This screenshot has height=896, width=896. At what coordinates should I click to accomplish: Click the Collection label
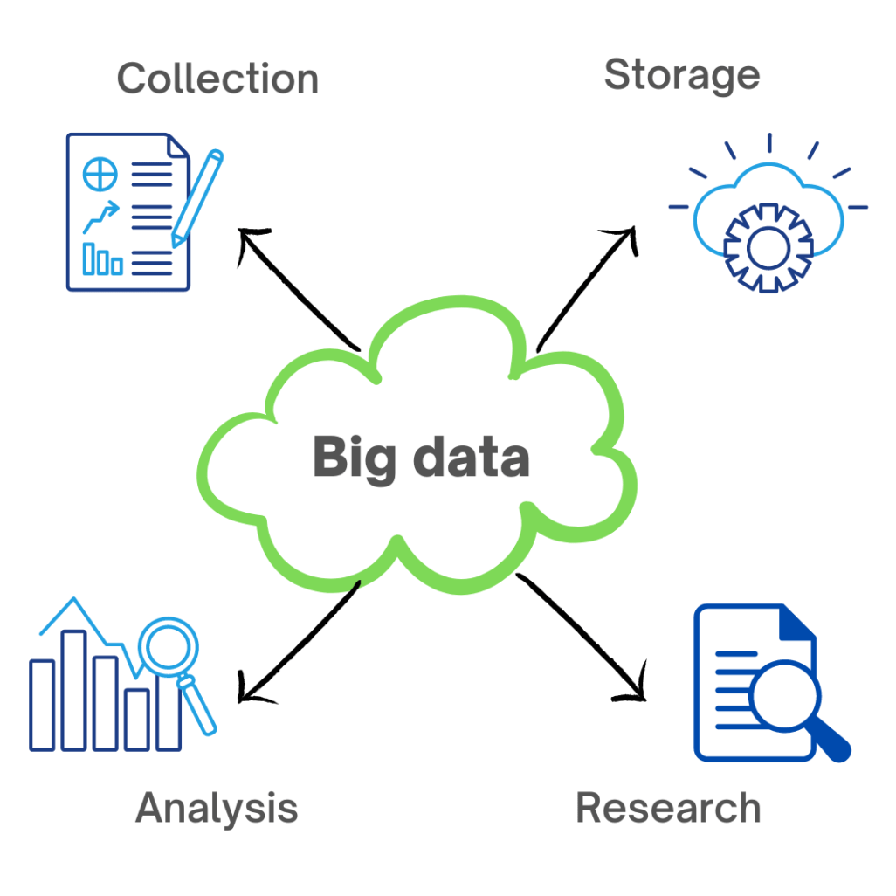217,79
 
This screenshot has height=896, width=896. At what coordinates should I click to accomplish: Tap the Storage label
681,77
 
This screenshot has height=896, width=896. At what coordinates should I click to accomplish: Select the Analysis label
217,808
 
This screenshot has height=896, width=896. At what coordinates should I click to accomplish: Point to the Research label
668,808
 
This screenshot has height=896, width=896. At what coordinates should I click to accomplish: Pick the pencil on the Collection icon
197,197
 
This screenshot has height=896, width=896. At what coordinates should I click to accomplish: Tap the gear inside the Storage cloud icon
769,246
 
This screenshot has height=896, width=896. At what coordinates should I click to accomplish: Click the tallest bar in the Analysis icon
73,690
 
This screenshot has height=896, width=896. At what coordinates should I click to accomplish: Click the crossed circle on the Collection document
100,175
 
